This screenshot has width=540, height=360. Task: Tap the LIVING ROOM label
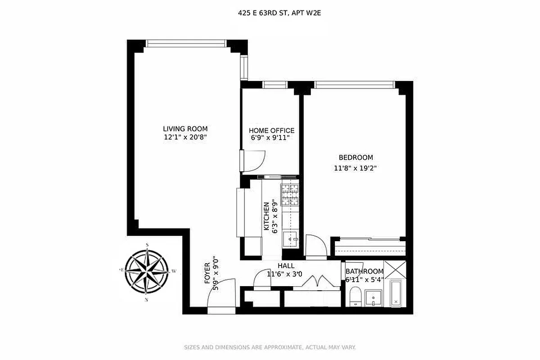coord(185,129)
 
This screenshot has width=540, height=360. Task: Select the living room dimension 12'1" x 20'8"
coord(185,137)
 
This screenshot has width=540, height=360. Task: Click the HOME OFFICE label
coord(272,130)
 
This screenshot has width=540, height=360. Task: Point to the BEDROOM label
coord(355,157)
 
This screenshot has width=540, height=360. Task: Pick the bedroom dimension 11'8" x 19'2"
coord(355,168)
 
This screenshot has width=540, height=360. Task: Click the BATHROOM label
coord(364,271)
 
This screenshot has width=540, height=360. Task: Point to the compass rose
coord(147,271)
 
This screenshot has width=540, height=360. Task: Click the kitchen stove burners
coord(290,194)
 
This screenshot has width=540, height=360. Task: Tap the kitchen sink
coord(291,239)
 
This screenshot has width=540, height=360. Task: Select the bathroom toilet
coord(355,297)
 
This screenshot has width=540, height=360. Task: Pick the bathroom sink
coord(373,298)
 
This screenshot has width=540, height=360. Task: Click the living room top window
coord(185,43)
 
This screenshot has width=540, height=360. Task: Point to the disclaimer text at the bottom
coord(270,347)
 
